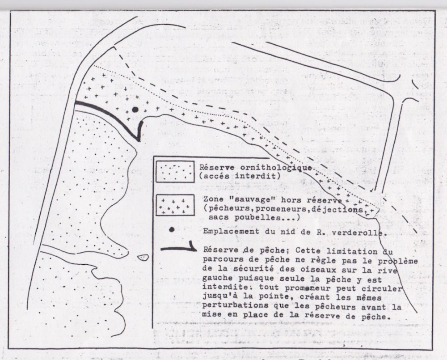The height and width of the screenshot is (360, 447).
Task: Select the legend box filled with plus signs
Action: click(175, 205)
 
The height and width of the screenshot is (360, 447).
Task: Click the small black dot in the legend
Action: click(172, 230)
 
